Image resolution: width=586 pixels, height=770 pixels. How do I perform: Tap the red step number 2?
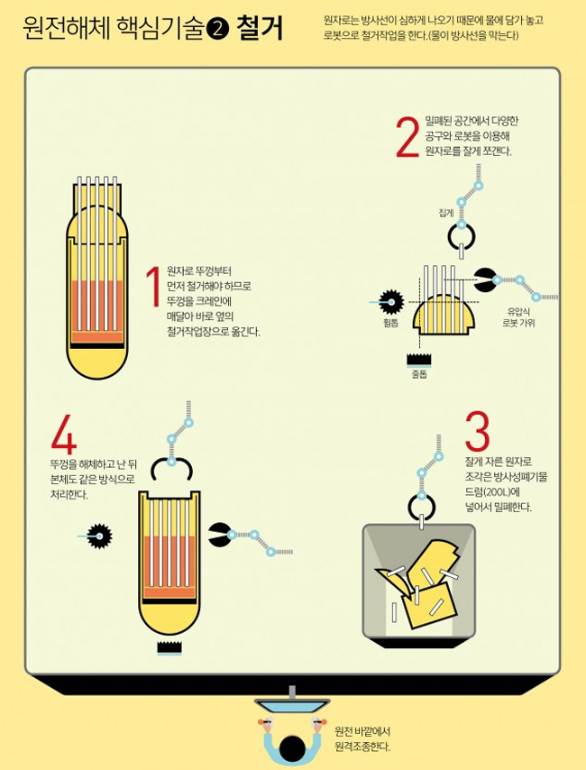407,137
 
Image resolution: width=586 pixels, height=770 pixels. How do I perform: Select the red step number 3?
477,432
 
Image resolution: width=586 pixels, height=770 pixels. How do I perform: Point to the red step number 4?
64,435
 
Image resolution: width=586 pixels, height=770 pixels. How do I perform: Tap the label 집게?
445,213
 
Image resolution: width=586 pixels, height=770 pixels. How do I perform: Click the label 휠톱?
391,323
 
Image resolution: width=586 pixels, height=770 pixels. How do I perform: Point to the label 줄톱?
419,374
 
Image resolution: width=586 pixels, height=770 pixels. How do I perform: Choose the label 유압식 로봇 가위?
518,316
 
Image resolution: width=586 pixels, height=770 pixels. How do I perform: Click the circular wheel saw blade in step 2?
391,301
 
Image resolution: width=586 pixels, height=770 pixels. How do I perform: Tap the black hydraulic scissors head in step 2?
484,280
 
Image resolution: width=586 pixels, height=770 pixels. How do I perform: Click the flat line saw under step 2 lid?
419,360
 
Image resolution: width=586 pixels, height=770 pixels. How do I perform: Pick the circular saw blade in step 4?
100,536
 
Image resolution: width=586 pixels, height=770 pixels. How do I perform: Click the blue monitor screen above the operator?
292,706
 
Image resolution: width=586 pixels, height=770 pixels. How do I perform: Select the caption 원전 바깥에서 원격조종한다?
362,739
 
